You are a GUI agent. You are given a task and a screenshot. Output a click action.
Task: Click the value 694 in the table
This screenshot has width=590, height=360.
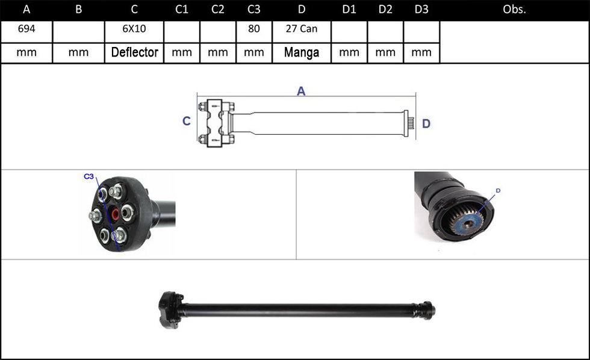click(x=26, y=28)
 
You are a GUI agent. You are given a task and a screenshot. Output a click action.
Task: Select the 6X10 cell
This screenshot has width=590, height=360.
click(x=134, y=28)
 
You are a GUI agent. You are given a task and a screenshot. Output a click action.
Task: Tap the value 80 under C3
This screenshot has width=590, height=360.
click(x=253, y=28)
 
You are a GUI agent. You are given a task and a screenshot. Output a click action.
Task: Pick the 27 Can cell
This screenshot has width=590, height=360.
click(x=302, y=28)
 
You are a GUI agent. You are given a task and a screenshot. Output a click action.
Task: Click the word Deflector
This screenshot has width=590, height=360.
click(x=134, y=52)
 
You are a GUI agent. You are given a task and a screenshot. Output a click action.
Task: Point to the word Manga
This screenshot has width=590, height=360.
click(x=302, y=52)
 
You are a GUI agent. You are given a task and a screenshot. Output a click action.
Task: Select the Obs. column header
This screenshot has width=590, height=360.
click(x=514, y=10)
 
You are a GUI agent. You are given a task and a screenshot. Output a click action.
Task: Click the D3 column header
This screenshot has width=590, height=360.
click(x=421, y=10)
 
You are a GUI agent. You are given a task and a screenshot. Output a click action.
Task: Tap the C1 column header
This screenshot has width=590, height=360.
click(x=181, y=10)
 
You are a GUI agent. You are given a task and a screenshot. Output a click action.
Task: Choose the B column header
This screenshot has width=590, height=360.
click(x=78, y=10)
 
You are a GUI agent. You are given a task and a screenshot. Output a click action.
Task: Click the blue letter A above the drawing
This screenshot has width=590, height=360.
click(x=301, y=91)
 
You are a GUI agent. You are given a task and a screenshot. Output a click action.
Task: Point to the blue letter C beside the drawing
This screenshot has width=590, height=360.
click(x=186, y=121)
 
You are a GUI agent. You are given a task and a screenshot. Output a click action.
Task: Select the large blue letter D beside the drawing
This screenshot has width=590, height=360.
click(x=426, y=123)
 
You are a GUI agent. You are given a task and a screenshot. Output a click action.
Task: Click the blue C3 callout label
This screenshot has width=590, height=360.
click(x=88, y=176)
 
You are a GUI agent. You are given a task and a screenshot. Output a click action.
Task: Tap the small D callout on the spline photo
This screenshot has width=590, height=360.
click(x=498, y=191)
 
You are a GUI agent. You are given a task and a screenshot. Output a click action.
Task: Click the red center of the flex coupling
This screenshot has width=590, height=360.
click(x=116, y=214)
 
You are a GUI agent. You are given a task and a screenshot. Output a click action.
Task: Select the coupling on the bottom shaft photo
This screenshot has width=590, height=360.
click(x=170, y=311)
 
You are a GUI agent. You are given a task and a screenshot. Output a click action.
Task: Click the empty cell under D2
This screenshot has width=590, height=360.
click(x=385, y=32)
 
